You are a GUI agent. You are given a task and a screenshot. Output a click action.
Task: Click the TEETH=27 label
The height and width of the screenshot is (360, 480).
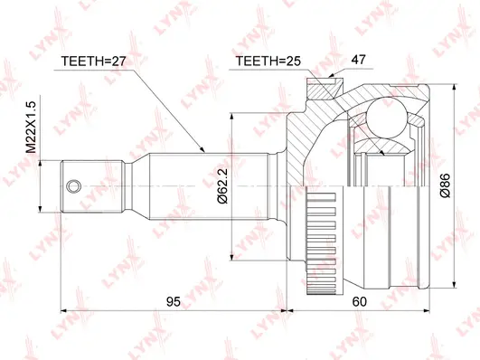(93, 62)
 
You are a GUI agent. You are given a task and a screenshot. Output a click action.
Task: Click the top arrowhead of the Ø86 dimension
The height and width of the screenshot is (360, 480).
(455, 88)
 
